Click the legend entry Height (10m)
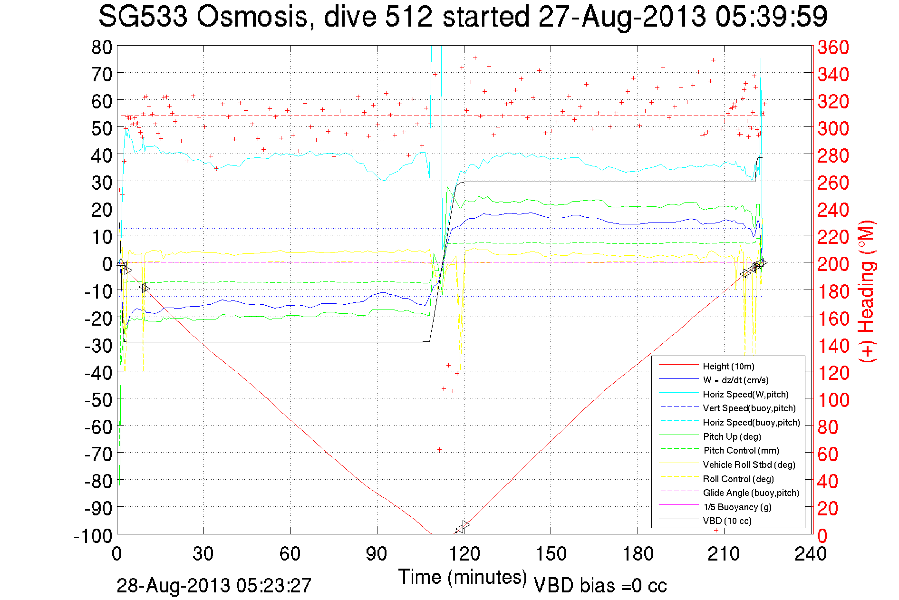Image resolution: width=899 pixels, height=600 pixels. click(x=728, y=366)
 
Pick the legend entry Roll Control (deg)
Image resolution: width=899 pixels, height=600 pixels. click(x=738, y=479)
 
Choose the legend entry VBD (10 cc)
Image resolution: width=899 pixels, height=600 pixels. click(x=727, y=521)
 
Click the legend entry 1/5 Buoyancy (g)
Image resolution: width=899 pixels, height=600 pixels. click(x=737, y=507)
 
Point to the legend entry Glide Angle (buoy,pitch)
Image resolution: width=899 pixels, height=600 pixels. click(x=751, y=493)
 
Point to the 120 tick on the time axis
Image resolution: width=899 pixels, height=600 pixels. click(x=464, y=554)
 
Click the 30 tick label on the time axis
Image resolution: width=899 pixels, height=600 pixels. click(x=203, y=554)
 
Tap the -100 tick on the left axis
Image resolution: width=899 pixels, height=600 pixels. click(x=93, y=536)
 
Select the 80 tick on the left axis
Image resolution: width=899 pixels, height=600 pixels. click(x=101, y=47)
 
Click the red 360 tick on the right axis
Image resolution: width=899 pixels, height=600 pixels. click(x=833, y=47)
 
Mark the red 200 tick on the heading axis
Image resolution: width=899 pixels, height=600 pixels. click(x=833, y=264)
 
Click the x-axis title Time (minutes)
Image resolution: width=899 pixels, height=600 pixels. click(x=463, y=577)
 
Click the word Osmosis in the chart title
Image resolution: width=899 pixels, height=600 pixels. click(x=252, y=17)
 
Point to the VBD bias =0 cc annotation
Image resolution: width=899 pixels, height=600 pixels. click(x=600, y=586)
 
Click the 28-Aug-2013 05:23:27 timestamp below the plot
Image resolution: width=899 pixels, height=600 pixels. click(x=214, y=586)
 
